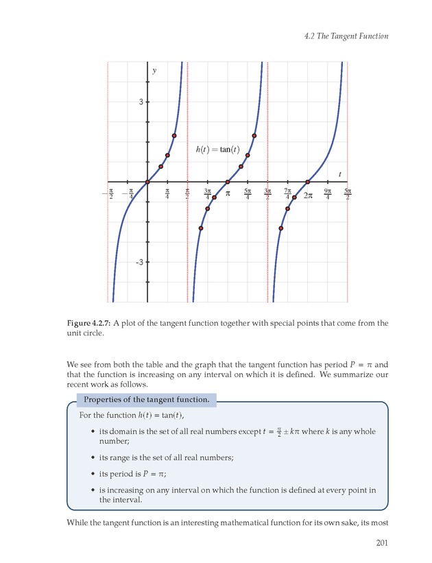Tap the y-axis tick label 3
141,102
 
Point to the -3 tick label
139,262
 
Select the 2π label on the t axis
308,195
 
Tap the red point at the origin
147,182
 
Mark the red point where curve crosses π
228,182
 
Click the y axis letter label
154,71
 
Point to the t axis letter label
339,174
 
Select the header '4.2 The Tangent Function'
346,36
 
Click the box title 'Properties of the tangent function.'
147,400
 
